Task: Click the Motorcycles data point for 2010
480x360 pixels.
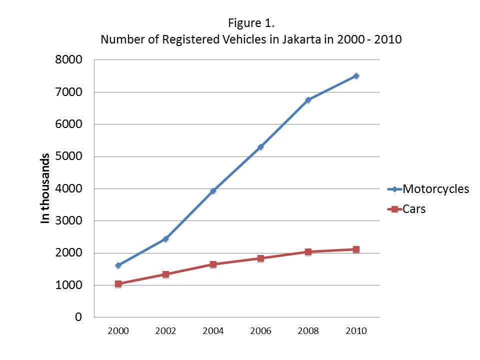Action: (x=355, y=76)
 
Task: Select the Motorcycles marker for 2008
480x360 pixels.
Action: (x=308, y=100)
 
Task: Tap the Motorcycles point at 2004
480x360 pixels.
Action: (x=213, y=190)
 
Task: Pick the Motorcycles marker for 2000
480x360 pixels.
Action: (x=118, y=265)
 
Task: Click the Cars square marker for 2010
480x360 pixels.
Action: (x=355, y=249)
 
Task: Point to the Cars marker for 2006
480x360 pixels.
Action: (x=260, y=258)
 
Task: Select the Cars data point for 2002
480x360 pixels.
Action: (x=165, y=274)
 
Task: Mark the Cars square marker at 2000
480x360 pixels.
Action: (x=118, y=283)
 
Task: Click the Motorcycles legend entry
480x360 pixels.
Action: (x=435, y=189)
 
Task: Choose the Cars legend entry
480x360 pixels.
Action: (x=414, y=209)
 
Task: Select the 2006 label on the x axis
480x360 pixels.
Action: (x=260, y=331)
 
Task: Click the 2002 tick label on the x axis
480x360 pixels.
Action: (x=165, y=331)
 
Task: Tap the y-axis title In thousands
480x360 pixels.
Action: (x=45, y=188)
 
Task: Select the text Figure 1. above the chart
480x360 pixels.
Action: (x=251, y=23)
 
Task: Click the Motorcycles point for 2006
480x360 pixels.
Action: (x=260, y=147)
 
